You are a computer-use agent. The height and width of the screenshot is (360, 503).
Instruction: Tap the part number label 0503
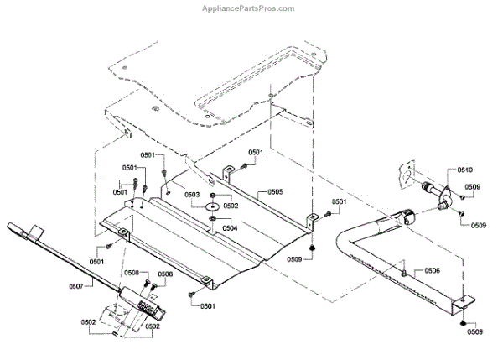click(192, 195)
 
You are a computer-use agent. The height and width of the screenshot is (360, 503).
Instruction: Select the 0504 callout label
click(229, 227)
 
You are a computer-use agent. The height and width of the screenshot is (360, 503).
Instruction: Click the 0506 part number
click(431, 270)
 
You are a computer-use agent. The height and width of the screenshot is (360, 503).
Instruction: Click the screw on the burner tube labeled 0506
click(404, 271)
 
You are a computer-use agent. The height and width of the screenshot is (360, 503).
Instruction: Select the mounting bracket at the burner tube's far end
click(464, 300)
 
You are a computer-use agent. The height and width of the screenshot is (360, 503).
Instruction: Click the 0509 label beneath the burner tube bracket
click(475, 332)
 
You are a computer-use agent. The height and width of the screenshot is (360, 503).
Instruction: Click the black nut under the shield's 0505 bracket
click(312, 248)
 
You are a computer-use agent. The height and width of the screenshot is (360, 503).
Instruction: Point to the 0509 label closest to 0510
click(473, 187)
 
